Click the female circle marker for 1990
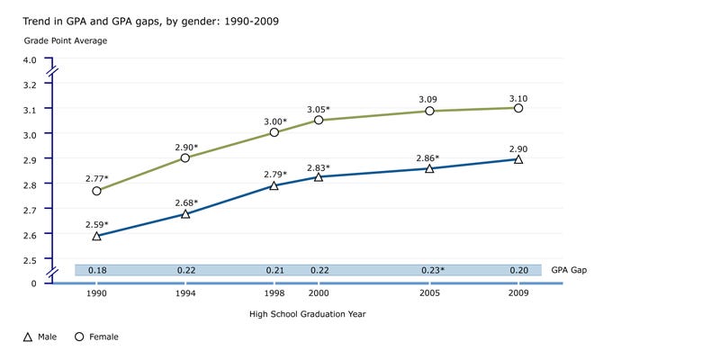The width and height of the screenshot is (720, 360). [96, 191]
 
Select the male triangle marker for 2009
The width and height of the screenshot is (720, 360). [518, 158]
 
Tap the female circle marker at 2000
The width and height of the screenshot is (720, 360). [319, 120]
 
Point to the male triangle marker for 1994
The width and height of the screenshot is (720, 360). [185, 213]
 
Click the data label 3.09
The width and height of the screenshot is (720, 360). [429, 98]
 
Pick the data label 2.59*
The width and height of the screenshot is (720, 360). [97, 223]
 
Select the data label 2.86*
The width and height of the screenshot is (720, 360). [429, 158]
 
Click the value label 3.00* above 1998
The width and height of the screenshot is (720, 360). [274, 121]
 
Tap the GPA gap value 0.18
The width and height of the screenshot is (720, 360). [96, 270]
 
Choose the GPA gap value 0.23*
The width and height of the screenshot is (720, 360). [431, 270]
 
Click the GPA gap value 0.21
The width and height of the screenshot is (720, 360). [274, 270]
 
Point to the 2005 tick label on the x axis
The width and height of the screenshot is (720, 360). [429, 293]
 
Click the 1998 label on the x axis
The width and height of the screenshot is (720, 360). [274, 293]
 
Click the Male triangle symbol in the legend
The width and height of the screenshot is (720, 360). [28, 337]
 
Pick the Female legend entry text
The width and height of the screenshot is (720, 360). [103, 337]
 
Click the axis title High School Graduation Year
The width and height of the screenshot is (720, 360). [307, 314]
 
